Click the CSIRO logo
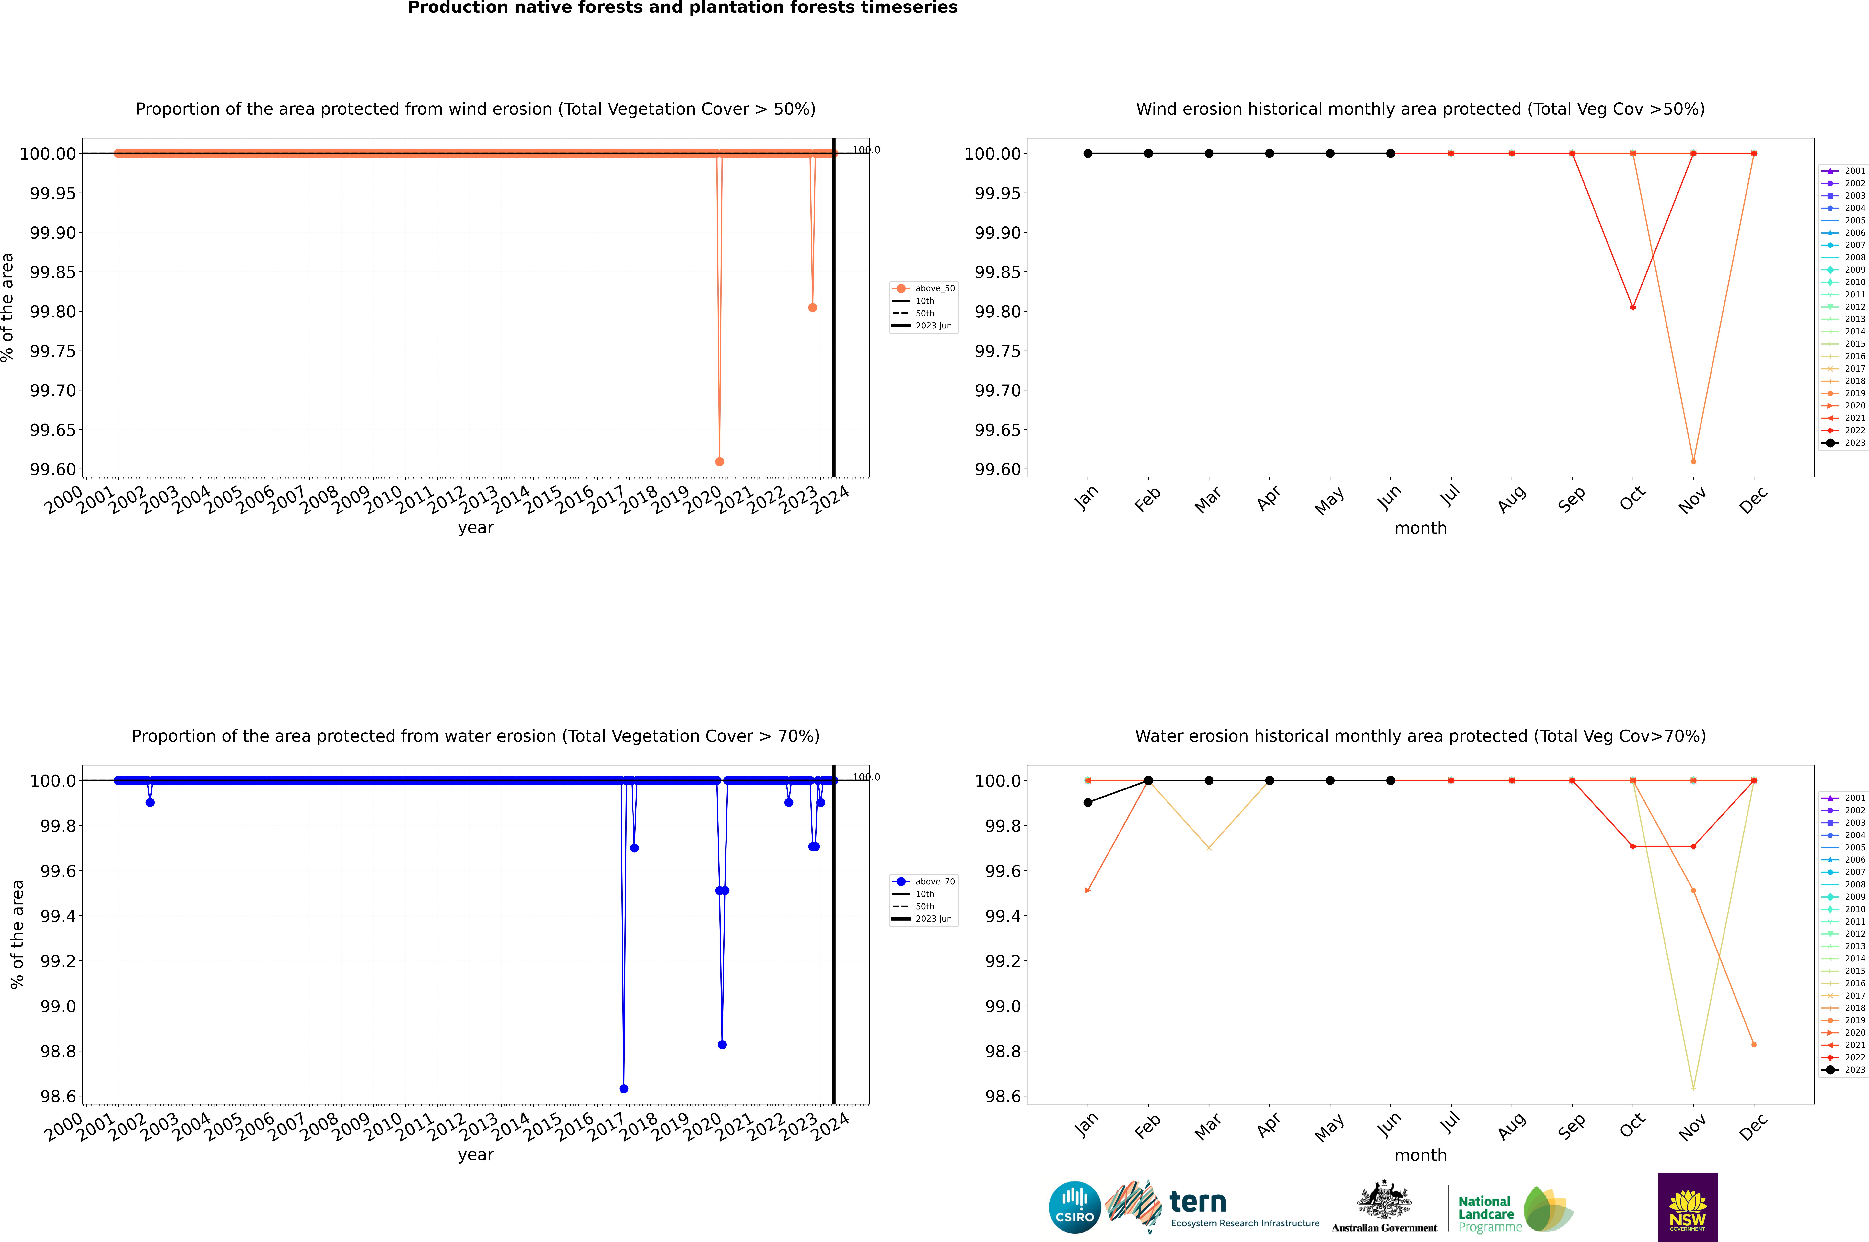[x=1074, y=1207]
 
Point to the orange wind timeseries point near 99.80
[x=812, y=307]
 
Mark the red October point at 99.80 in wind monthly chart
[x=1633, y=307]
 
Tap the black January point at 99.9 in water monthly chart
[x=1088, y=802]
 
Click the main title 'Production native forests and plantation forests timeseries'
[x=682, y=8]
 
